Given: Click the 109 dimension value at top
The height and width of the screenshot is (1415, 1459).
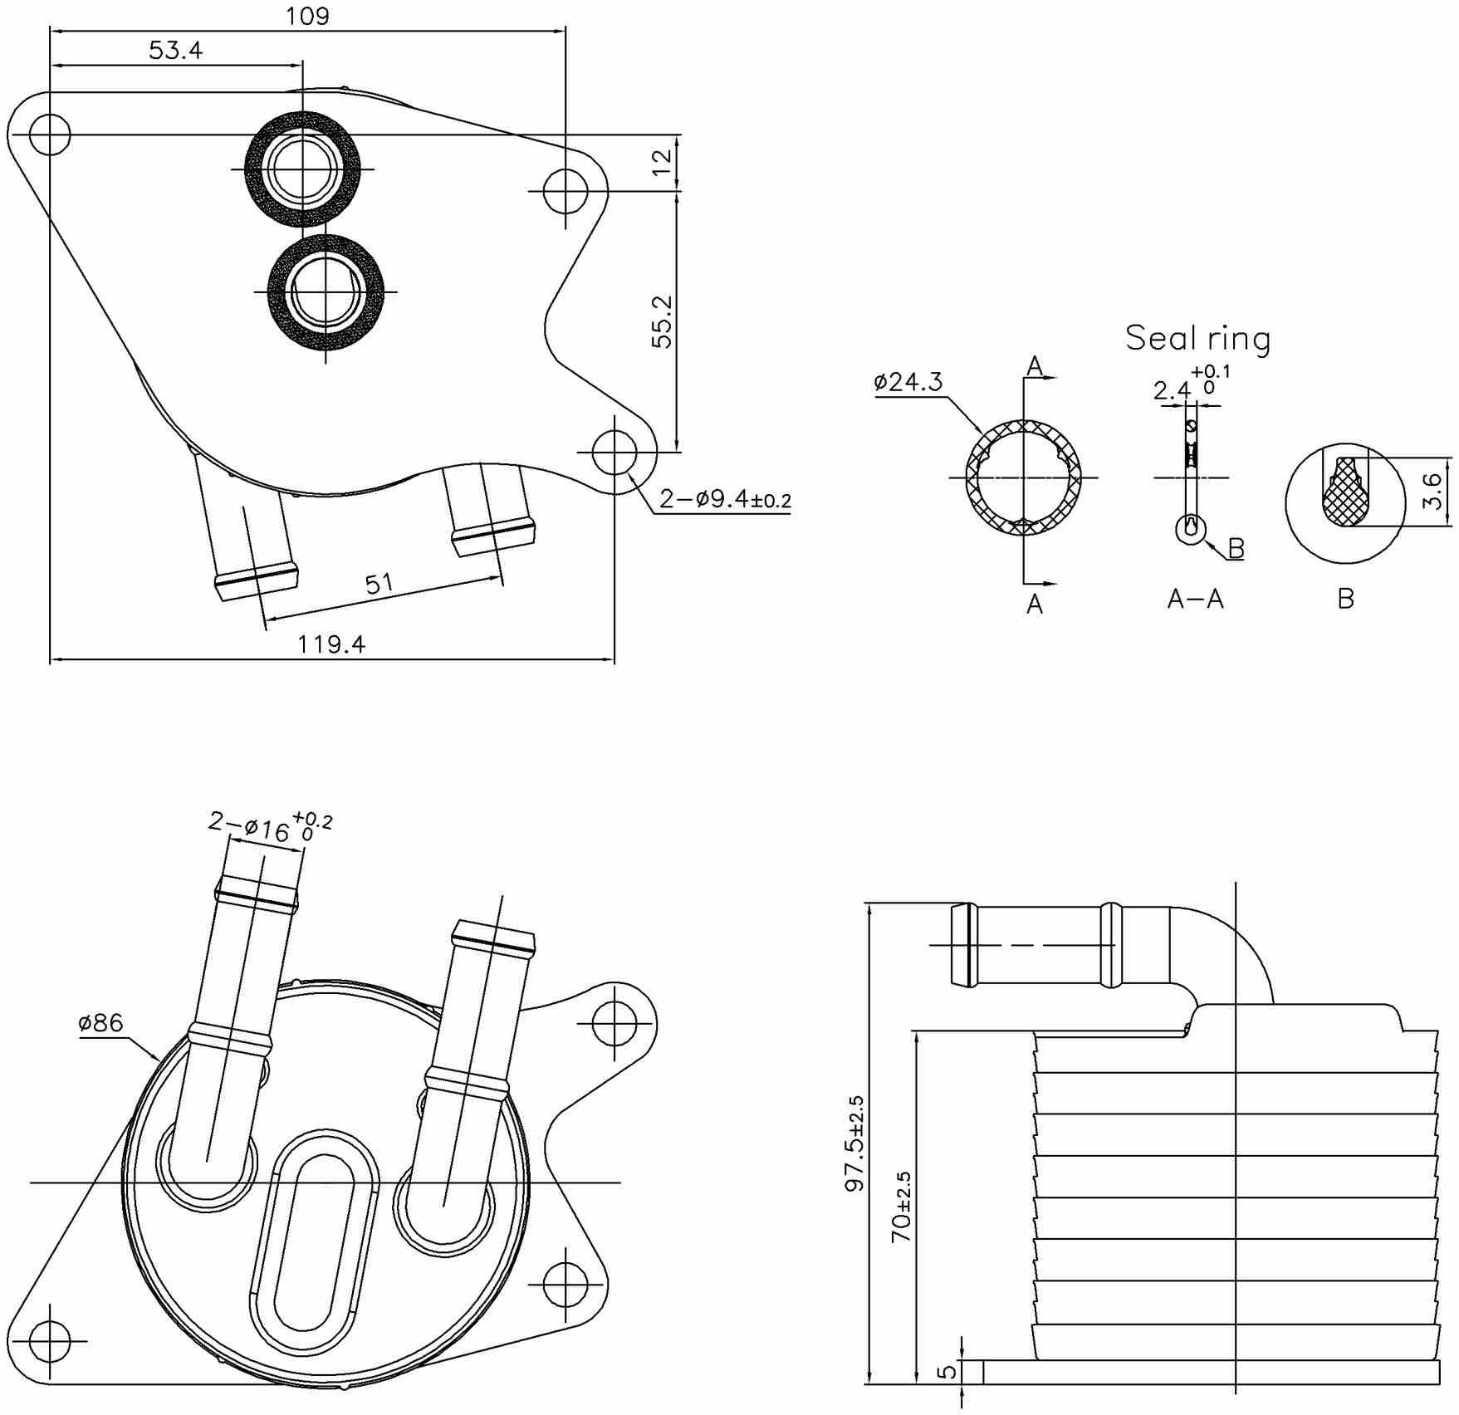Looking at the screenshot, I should pos(307,16).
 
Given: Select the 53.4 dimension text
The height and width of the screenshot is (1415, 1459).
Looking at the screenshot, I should pos(175,51).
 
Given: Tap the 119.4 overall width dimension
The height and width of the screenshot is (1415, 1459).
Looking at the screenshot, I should pos(331,644).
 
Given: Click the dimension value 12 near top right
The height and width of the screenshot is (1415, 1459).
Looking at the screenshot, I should pos(662,162).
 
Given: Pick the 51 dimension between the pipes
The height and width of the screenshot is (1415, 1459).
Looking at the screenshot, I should pos(379,584).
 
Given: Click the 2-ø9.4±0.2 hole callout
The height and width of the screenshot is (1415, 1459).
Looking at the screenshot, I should pos(724,499).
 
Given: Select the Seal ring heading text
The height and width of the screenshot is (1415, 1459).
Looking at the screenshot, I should pos(1197,338).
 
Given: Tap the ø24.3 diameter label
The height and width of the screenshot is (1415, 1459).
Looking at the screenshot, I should pos(908,382).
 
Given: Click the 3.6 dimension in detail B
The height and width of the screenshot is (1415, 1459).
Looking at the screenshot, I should pos(1432,491).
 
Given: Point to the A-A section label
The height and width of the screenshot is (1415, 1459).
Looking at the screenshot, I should pos(1195,599).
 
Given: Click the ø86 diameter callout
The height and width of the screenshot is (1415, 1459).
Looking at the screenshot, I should pos(100,1022).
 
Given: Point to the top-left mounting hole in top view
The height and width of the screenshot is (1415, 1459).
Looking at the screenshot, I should pos(50,134).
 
